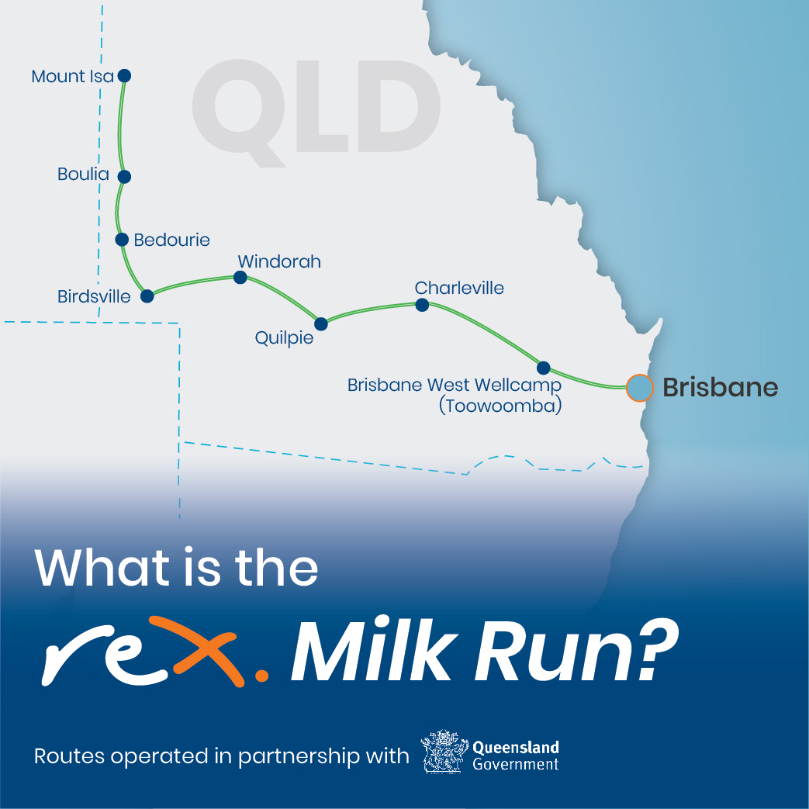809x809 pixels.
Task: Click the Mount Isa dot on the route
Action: coord(124,76)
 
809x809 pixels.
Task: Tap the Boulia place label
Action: coord(83,175)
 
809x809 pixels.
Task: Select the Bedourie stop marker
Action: coord(122,240)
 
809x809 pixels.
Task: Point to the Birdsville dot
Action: coord(147,296)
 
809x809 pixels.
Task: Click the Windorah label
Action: coord(279,261)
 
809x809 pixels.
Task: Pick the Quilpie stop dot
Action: coord(321,324)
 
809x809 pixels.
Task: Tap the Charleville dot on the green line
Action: coord(422,305)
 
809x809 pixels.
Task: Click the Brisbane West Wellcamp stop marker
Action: coord(543,368)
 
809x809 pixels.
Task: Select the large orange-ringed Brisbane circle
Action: coord(640,388)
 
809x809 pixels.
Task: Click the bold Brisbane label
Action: coord(721,388)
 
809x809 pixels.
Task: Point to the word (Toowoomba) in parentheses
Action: coord(500,406)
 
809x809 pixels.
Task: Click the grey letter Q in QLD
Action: coord(239,112)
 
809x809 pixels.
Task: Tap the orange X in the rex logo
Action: coord(208,649)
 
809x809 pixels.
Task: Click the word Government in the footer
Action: coord(516,764)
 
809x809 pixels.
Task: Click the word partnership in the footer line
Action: coord(299,757)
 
